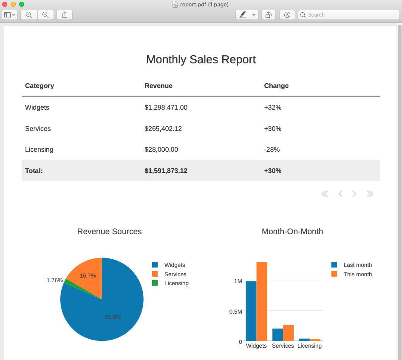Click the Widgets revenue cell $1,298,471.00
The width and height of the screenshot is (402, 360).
tap(166, 108)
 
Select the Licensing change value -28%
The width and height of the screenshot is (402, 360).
tap(272, 150)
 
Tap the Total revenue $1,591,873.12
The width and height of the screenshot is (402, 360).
tap(166, 171)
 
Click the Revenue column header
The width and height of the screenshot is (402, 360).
tap(159, 86)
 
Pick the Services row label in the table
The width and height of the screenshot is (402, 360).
tap(38, 129)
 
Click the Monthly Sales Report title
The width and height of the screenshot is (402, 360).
tap(201, 60)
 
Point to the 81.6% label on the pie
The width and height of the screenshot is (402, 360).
tap(113, 317)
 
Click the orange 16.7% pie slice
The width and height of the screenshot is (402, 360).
tap(87, 278)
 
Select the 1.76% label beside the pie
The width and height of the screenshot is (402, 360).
tap(54, 281)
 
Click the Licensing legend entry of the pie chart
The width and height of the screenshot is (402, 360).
tap(176, 283)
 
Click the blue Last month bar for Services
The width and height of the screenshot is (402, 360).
tap(277, 334)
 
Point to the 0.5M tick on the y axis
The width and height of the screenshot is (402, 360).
tap(235, 312)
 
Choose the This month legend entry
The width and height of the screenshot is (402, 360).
tap(357, 274)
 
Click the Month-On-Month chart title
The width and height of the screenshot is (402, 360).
tap(292, 232)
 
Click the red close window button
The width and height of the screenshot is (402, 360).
tap(5, 4)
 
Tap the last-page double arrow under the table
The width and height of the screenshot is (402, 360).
tap(370, 194)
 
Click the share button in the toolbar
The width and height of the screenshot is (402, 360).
tap(65, 15)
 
